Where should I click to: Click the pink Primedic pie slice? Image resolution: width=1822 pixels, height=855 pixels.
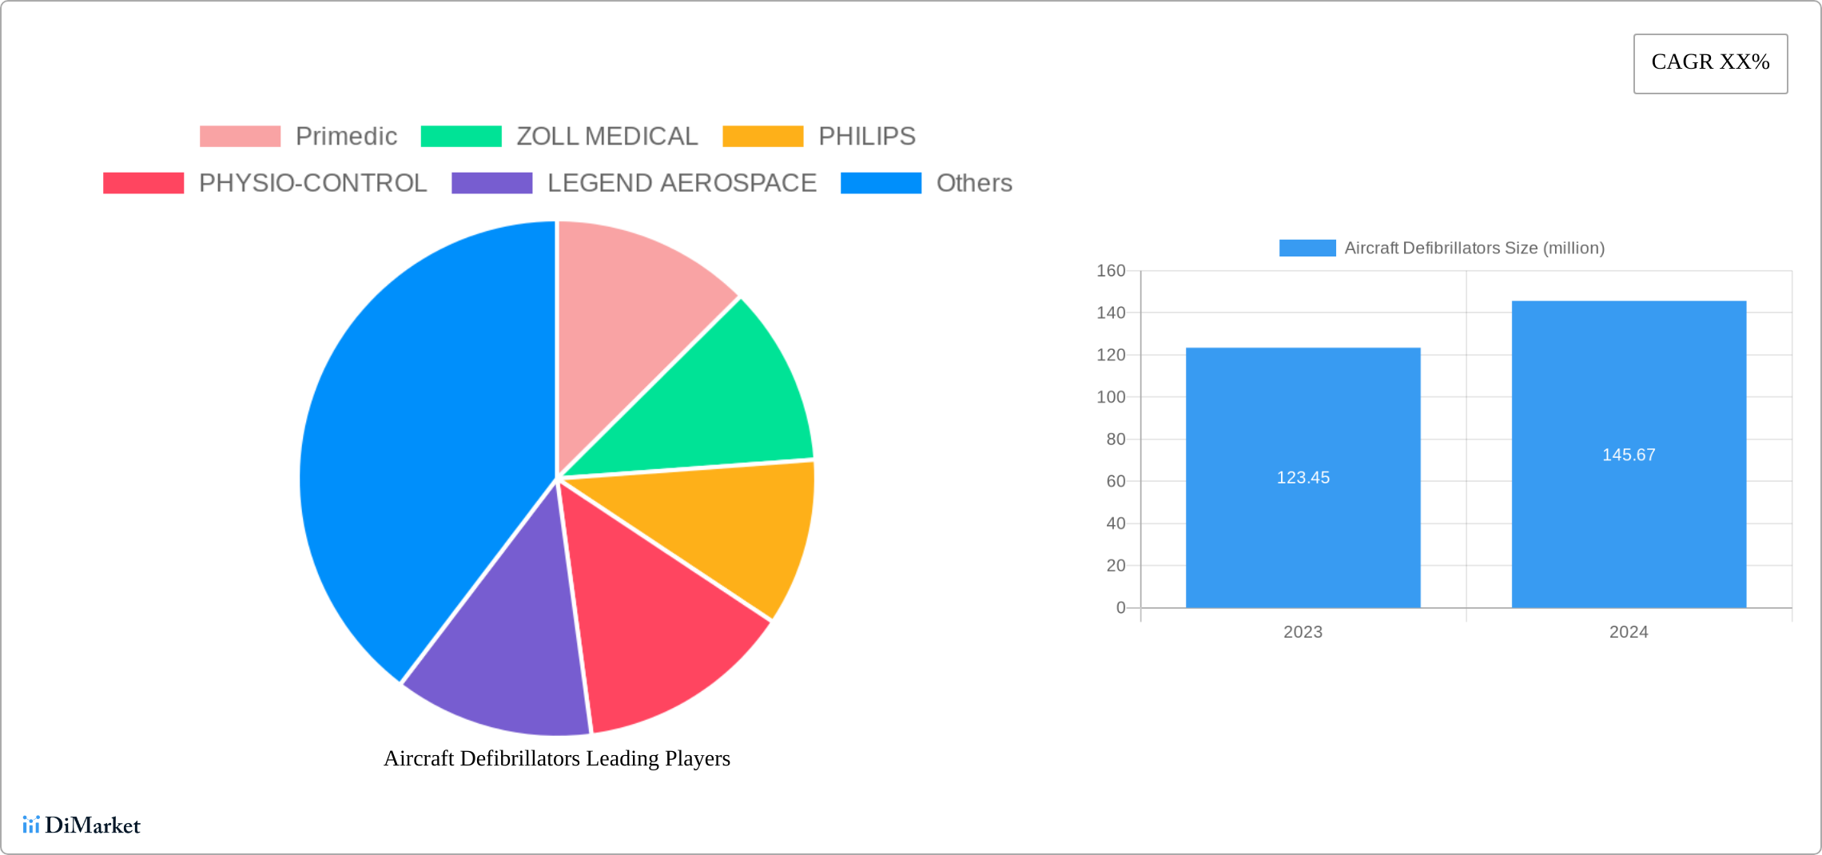(631, 328)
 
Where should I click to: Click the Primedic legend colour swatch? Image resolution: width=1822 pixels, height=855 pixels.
(240, 137)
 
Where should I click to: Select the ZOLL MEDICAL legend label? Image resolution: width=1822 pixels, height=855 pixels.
(607, 137)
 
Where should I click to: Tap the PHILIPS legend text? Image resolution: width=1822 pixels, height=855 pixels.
(866, 137)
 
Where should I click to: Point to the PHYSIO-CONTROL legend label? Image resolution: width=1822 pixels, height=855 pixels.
(312, 183)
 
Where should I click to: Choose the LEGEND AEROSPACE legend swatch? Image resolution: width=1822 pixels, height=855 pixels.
(491, 183)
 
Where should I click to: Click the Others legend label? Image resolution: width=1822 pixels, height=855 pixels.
(973, 183)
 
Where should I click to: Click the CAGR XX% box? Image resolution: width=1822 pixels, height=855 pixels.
(1710, 63)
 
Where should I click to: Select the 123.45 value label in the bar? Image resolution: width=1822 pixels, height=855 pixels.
(1303, 478)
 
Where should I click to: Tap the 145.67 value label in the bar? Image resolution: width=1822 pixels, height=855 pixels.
(1629, 455)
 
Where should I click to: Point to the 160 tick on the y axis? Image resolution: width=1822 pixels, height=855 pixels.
(1110, 271)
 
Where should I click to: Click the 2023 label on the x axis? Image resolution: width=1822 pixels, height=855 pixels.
(1303, 632)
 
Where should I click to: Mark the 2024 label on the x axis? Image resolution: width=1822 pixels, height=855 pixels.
(1628, 632)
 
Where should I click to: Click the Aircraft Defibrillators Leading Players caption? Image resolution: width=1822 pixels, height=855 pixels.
(557, 758)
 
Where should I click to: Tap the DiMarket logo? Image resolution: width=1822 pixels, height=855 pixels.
(82, 825)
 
